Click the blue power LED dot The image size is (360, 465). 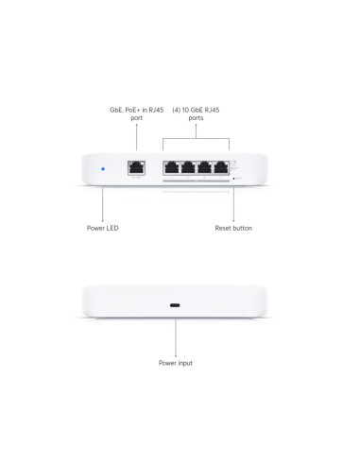coord(102,170)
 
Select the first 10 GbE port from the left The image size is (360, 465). coord(172,170)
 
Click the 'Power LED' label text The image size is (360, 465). coord(103,228)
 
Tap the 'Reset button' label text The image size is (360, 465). coord(233,228)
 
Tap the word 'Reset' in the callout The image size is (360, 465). coord(225,228)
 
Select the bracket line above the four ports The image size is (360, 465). coord(197,138)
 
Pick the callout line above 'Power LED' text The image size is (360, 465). coord(102,203)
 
